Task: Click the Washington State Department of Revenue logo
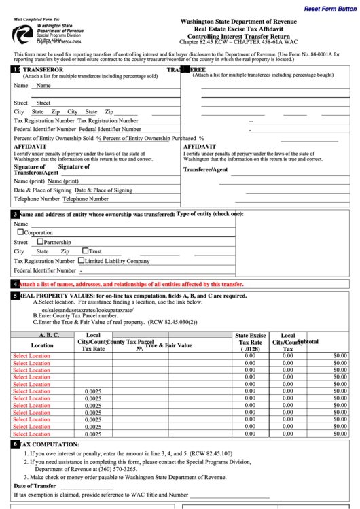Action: [24, 33]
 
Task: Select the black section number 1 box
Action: [15, 69]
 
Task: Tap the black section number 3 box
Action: [15, 214]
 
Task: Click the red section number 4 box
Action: [15, 284]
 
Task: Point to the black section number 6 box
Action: [15, 444]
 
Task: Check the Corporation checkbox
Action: [20, 232]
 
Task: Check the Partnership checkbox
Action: [40, 241]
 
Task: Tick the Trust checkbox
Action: [85, 251]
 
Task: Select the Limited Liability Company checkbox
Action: [82, 260]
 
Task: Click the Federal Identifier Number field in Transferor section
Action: [110, 129]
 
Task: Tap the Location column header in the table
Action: [42, 345]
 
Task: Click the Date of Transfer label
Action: [35, 486]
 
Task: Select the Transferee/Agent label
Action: [206, 169]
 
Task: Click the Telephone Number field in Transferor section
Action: [86, 200]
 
